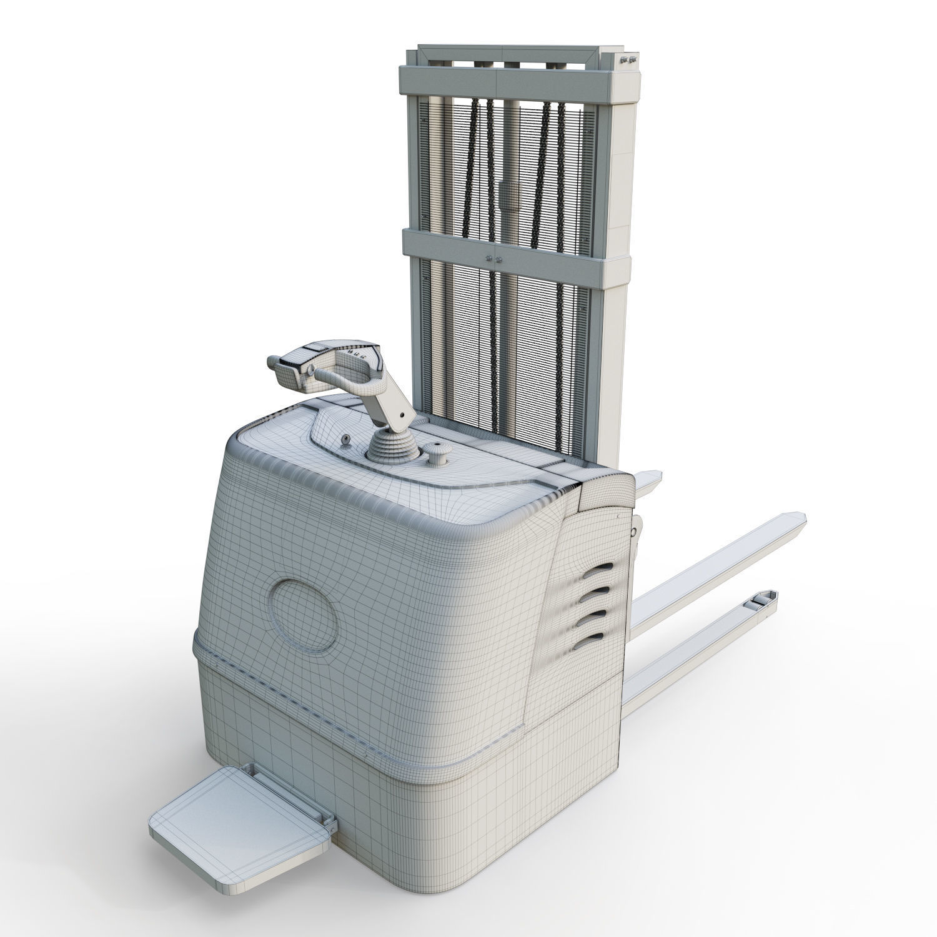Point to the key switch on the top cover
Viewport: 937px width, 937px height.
click(344, 441)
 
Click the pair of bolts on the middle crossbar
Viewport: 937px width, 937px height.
click(492, 257)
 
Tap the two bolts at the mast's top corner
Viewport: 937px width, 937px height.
click(628, 60)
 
